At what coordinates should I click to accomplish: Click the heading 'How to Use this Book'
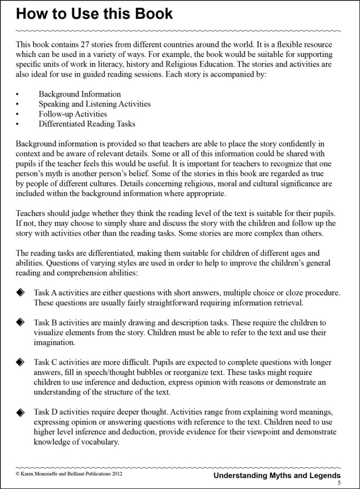pos(94,14)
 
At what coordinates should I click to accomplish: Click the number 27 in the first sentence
pos(84,44)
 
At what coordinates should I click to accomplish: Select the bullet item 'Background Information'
pos(79,94)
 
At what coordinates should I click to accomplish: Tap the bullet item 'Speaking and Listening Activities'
pos(94,104)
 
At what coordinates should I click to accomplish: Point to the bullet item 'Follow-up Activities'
pos(72,114)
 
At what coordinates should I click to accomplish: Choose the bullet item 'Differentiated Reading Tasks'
pos(87,124)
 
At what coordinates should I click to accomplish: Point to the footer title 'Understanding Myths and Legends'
pos(277,475)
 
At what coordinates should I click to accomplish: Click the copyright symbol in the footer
pos(18,475)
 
